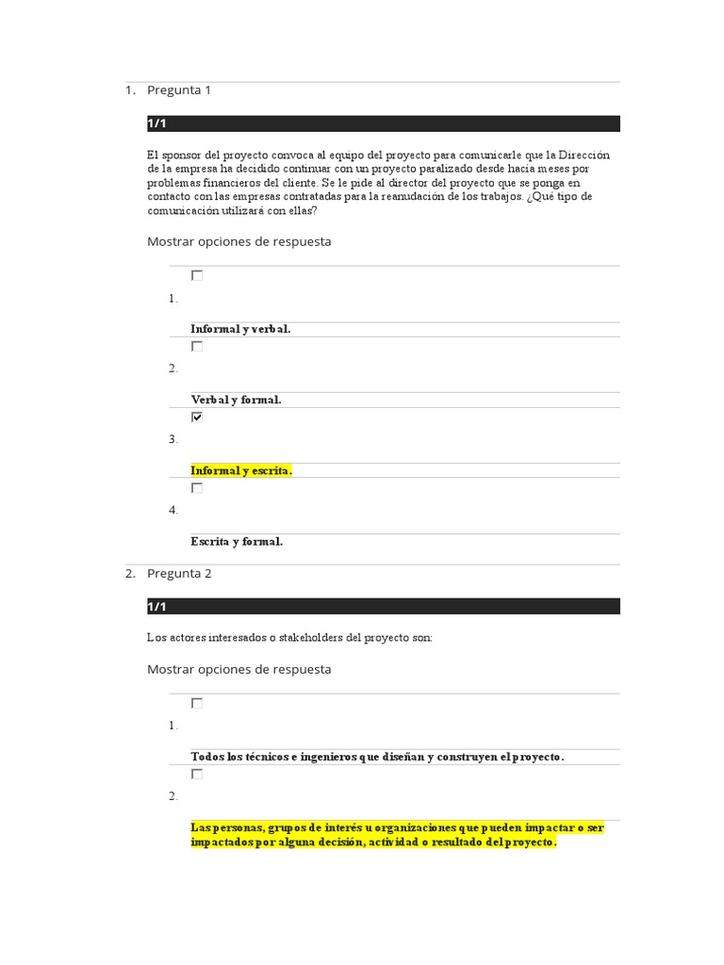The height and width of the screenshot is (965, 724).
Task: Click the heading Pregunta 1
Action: tap(179, 90)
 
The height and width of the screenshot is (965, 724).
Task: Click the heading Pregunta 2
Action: tap(179, 573)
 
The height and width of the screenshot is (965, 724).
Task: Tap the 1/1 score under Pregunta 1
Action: tap(156, 124)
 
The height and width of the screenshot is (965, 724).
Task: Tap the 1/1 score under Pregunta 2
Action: tap(156, 607)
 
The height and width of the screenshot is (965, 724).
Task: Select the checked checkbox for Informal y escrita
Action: tap(197, 417)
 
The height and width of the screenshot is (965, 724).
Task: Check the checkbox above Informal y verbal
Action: tap(197, 275)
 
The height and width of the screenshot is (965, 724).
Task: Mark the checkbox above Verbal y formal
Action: tap(197, 346)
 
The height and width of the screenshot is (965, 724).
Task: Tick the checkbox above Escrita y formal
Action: tap(197, 488)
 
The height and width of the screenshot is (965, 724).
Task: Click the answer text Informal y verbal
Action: tap(240, 329)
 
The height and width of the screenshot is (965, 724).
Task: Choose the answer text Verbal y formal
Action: tap(236, 400)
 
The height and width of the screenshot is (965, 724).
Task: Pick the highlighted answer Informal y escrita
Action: tap(241, 470)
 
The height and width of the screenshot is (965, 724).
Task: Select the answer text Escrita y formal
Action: tap(237, 542)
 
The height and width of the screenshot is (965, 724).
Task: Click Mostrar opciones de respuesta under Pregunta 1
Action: tap(239, 241)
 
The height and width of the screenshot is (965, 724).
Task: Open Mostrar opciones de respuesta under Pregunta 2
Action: tap(239, 669)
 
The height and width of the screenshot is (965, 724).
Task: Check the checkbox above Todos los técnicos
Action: tap(197, 703)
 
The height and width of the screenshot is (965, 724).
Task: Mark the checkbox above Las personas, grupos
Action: tap(197, 774)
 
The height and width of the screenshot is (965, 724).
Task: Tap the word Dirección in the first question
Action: tap(584, 155)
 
